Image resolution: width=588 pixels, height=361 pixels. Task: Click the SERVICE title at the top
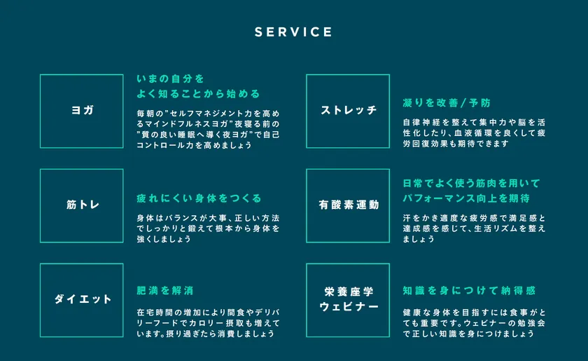coord(293,32)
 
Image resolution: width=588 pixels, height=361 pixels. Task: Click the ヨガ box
coord(82,111)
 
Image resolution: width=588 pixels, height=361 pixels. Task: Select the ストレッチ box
coord(348,111)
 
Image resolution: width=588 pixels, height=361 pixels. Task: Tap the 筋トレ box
coord(82,205)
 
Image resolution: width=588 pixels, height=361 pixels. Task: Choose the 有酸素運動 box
coord(348,205)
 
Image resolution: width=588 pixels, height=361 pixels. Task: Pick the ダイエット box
coord(82,299)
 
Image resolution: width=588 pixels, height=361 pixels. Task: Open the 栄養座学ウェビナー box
coord(348,299)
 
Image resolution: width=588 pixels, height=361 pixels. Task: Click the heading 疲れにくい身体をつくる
coord(199,198)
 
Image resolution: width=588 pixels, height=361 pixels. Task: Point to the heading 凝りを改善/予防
coord(447,103)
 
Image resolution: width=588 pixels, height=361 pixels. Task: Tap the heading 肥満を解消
coord(164,290)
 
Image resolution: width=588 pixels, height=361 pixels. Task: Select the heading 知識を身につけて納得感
coord(469,290)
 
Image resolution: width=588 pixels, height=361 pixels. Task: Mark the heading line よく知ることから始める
coord(198,93)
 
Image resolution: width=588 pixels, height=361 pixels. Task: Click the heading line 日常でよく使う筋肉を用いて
coord(472,183)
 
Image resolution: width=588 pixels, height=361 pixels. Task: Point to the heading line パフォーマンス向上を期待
coord(465,198)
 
